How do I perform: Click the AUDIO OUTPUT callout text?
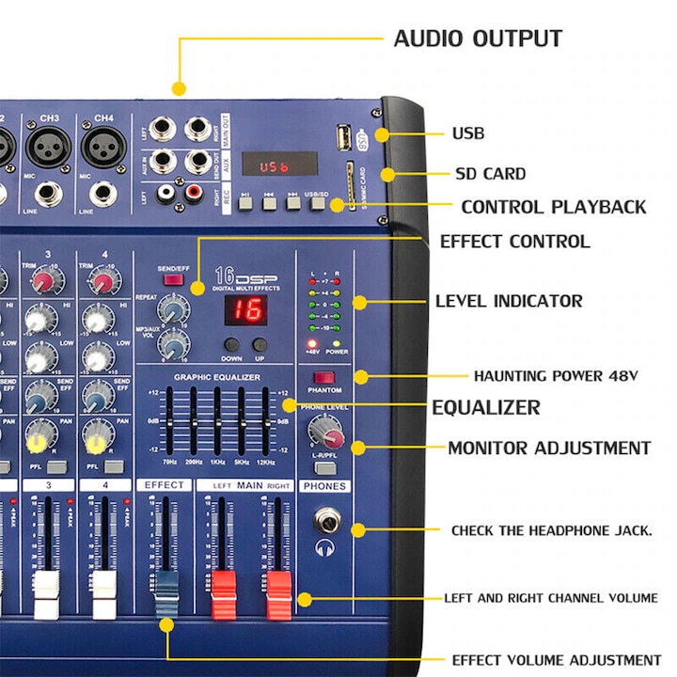tap(477, 39)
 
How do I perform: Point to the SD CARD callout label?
tap(491, 174)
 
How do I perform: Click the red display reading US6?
tap(274, 165)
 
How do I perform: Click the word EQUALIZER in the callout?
tap(485, 407)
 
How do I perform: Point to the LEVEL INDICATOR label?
tap(509, 302)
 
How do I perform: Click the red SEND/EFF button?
tap(173, 278)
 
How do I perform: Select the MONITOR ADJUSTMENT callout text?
tap(548, 448)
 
